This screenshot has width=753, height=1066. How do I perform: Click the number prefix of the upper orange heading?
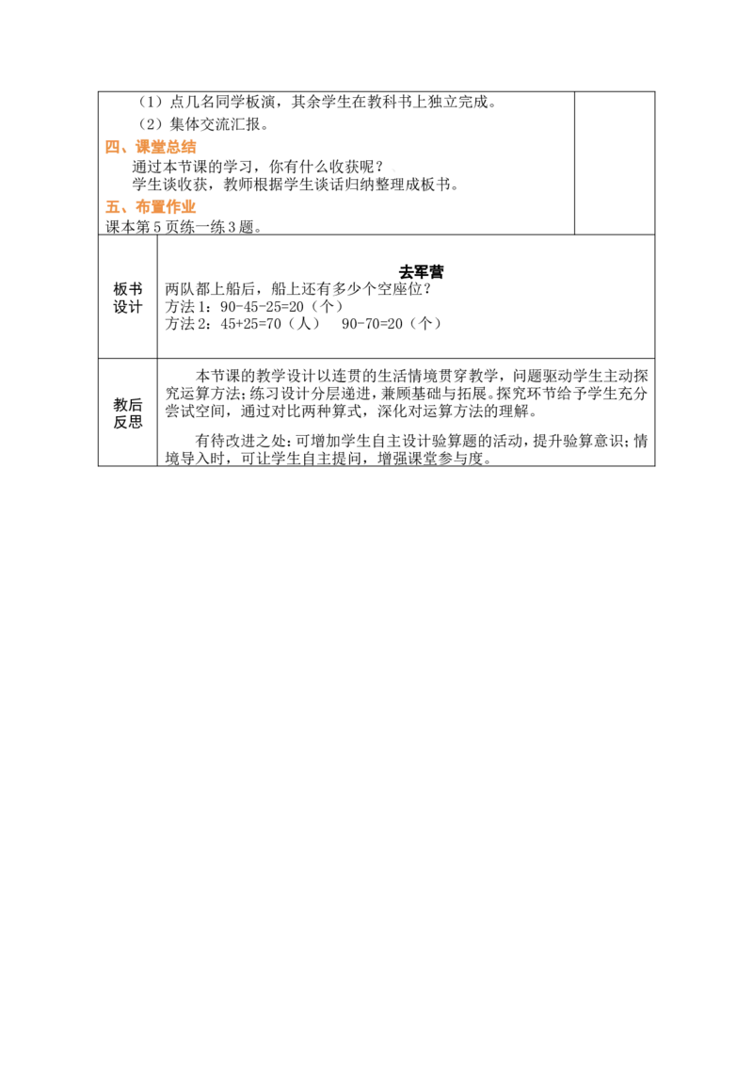pyautogui.click(x=112, y=147)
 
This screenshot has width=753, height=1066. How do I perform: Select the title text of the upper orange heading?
pyautogui.click(x=167, y=147)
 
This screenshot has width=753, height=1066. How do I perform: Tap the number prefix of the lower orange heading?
pyautogui.click(x=112, y=207)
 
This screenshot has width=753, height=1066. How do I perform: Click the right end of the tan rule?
pyautogui.click(x=569, y=154)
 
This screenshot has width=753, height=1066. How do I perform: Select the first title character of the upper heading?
pyautogui.click(x=144, y=147)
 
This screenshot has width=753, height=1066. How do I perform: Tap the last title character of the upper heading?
pyautogui.click(x=190, y=147)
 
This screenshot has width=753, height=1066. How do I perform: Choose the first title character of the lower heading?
pyautogui.click(x=144, y=207)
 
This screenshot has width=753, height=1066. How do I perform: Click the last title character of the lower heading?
pyautogui.click(x=191, y=207)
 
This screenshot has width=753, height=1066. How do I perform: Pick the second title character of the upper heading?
pyautogui.click(x=159, y=147)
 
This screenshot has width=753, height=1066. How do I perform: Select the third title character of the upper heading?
pyautogui.click(x=174, y=147)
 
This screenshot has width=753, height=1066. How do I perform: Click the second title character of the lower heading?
pyautogui.click(x=159, y=207)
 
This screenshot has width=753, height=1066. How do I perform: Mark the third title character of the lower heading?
pyautogui.click(x=175, y=207)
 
